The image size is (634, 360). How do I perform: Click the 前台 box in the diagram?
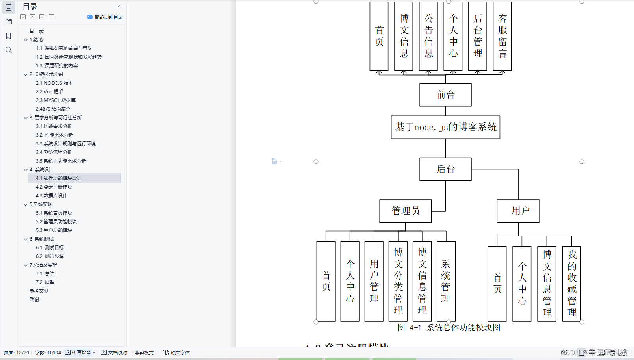tap(445, 95)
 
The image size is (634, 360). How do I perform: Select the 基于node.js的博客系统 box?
tap(445, 127)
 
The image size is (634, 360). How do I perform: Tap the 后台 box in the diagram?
tap(445, 169)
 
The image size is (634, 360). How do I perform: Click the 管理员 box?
tap(405, 211)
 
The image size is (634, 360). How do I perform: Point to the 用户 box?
tap(518, 211)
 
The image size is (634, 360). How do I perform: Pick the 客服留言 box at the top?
tap(502, 36)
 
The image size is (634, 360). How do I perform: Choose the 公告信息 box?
tap(428, 36)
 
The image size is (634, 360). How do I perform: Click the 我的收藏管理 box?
tap(572, 284)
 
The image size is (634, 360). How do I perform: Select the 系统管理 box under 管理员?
tap(446, 281)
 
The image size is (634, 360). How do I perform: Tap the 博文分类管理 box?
tap(398, 281)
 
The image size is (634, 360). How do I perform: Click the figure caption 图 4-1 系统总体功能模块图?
tap(449, 328)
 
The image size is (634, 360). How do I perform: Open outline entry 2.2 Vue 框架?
tap(49, 92)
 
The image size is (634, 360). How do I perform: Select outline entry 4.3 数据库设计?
tap(51, 196)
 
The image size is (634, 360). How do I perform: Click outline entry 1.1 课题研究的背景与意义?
tap(64, 48)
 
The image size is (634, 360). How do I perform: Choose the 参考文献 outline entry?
tap(39, 291)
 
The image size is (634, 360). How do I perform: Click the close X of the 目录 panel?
tap(119, 6)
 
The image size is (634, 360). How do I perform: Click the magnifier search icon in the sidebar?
tap(9, 50)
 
